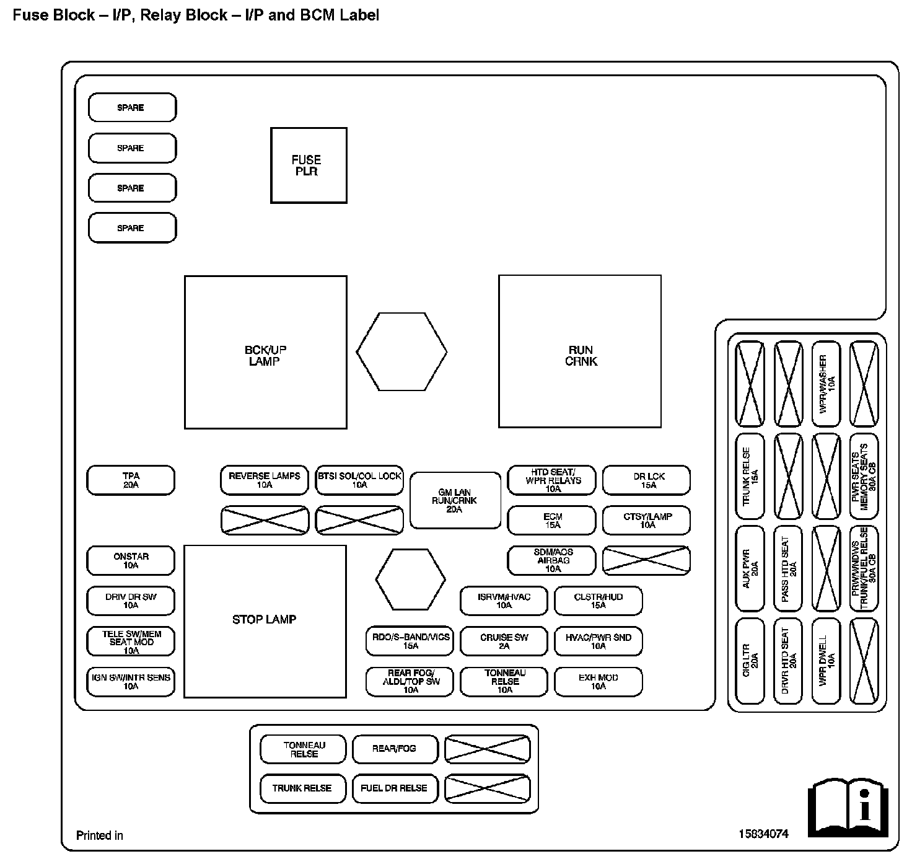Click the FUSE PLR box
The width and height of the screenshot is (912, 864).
click(309, 165)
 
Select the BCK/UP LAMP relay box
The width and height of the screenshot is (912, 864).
click(265, 352)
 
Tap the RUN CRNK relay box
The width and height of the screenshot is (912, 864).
click(579, 351)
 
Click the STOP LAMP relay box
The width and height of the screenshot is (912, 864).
click(265, 621)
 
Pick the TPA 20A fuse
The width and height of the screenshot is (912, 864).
click(131, 480)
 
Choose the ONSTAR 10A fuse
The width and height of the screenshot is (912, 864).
click(131, 561)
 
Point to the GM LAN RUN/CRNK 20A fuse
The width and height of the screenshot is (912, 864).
click(455, 501)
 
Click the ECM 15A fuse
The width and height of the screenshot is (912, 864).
click(551, 521)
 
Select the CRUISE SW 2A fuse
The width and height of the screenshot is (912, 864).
click(504, 641)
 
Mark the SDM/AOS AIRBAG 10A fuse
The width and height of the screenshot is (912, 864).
click(551, 561)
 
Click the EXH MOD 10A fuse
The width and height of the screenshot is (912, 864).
click(598, 682)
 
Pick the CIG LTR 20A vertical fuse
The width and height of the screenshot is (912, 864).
click(750, 660)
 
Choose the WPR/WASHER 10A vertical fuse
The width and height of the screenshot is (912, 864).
click(826, 384)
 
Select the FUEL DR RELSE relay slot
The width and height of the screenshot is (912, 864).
click(395, 788)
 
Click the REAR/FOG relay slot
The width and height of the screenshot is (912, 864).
click(395, 749)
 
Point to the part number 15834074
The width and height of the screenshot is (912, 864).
click(763, 834)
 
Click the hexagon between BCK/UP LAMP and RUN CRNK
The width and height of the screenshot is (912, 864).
click(401, 351)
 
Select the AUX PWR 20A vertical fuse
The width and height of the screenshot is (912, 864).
click(750, 568)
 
